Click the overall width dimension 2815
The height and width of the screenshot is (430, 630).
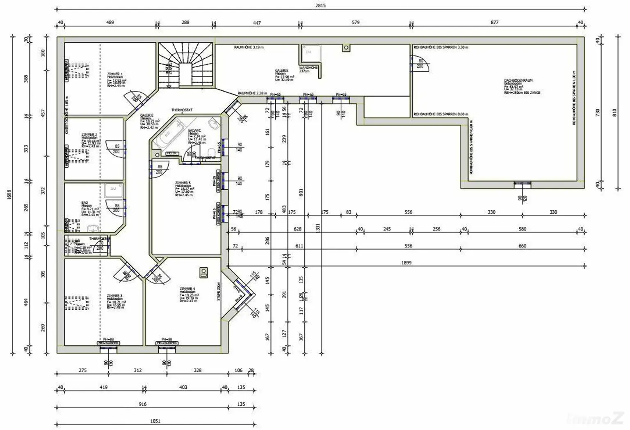(320, 6)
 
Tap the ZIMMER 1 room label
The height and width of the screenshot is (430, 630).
(115, 74)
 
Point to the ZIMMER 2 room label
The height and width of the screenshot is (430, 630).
(89, 135)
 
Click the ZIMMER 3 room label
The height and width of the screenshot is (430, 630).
(114, 296)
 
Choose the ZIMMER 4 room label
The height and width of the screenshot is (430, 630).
(187, 289)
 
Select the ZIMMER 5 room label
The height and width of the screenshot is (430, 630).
(183, 183)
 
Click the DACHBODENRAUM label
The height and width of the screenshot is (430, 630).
(518, 81)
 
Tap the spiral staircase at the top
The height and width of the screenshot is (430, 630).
(185, 66)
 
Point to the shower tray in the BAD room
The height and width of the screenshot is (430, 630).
(113, 190)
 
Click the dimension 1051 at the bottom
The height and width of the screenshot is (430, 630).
(155, 421)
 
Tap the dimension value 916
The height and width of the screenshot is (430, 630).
(142, 404)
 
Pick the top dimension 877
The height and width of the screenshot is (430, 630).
(495, 23)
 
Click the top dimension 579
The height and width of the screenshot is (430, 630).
(356, 23)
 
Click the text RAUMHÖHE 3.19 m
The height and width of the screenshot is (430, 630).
(249, 48)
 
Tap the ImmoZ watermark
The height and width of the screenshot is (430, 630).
(595, 419)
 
